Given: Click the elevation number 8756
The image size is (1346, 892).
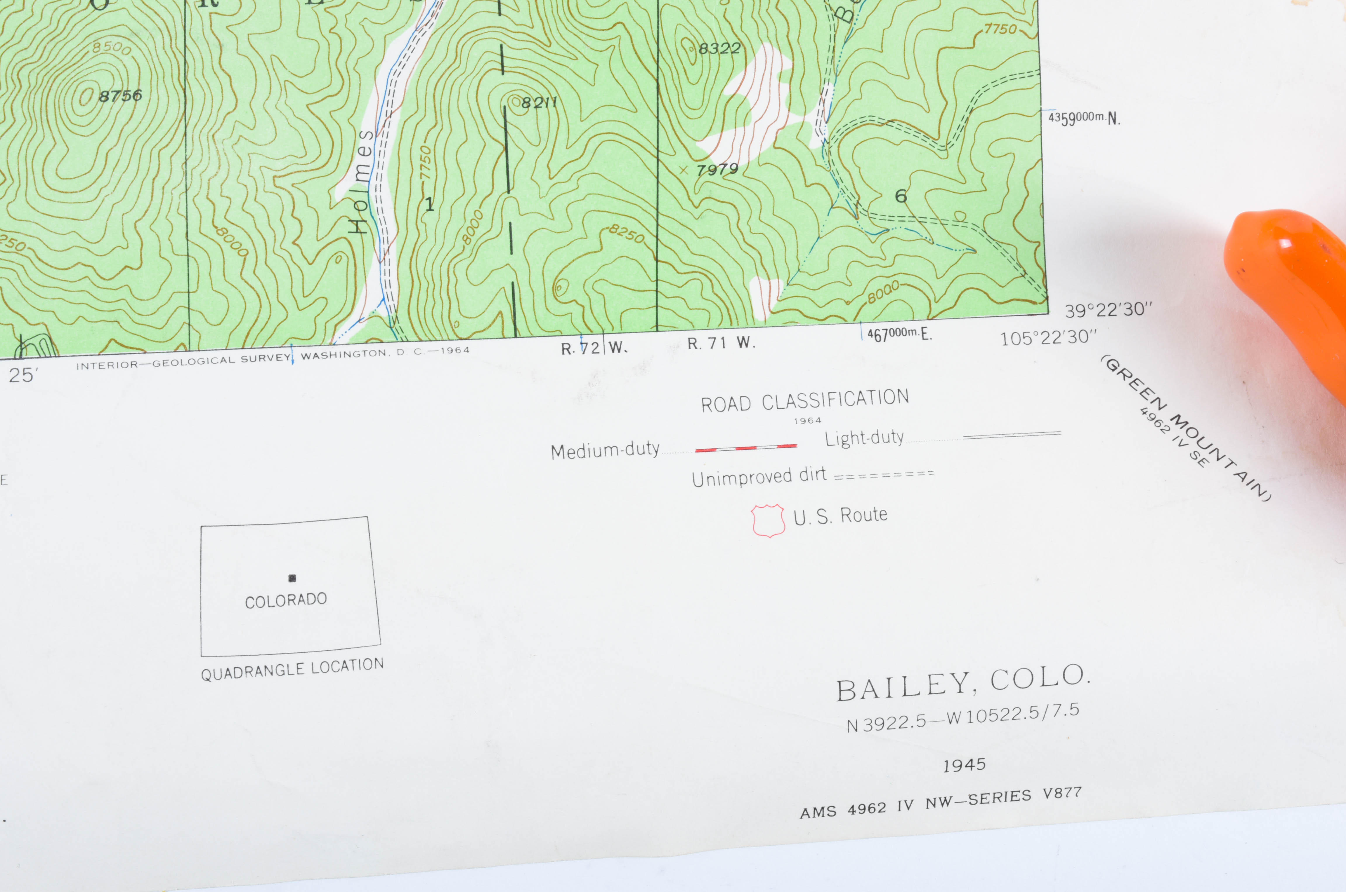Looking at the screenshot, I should [x=120, y=95].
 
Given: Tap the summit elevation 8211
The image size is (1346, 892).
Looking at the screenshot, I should [x=538, y=102].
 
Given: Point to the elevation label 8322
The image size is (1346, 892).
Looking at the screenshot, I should [x=719, y=48].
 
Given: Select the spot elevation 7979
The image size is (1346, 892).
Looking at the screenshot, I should [x=717, y=170].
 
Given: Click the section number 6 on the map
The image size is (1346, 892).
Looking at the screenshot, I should [x=900, y=196].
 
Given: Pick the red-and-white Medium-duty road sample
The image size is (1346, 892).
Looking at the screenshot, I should [x=745, y=448].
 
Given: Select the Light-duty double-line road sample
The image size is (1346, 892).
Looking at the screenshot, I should [x=1011, y=435].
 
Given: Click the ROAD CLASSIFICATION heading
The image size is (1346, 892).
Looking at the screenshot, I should [x=805, y=400].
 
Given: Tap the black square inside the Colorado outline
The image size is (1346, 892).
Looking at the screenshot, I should [x=292, y=578].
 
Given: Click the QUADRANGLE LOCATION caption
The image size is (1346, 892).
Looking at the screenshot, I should [x=292, y=670].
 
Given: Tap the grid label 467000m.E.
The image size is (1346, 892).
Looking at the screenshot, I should [x=899, y=334].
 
